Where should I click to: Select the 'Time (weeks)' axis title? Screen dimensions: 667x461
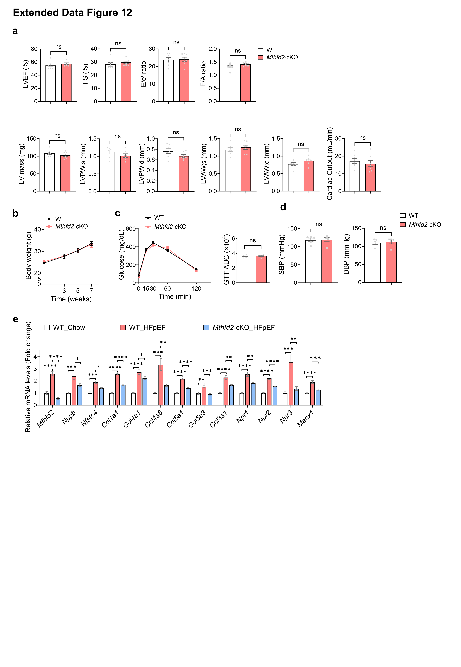(71, 299)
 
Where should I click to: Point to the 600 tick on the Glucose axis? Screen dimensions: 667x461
(131, 229)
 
